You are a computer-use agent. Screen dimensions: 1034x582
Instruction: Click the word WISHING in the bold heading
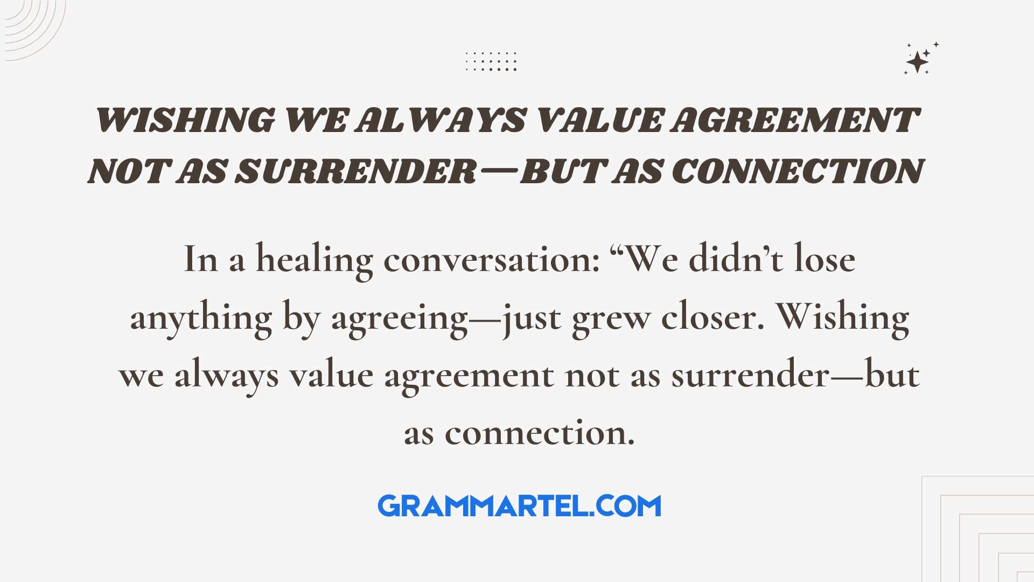[185, 120]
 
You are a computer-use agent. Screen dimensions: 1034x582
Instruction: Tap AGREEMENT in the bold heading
[795, 120]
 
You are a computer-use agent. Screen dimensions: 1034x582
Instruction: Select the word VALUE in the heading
[598, 120]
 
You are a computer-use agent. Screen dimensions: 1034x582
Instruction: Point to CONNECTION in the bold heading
[798, 171]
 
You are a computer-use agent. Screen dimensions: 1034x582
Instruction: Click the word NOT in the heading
[130, 171]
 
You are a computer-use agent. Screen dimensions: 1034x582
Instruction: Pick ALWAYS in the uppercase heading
[441, 120]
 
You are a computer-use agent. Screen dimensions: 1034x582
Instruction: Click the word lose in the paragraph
[825, 259]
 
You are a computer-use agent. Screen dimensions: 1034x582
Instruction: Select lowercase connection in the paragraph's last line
[540, 433]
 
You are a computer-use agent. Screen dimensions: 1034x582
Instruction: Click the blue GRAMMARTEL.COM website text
[519, 506]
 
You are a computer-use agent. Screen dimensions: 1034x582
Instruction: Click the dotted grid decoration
[491, 61]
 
